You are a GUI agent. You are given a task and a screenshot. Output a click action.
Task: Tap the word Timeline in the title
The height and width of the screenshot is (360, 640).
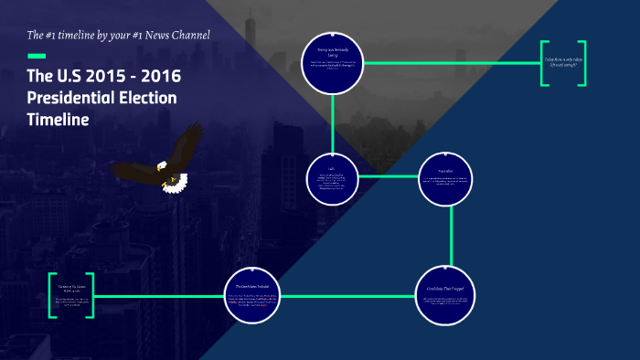click(59, 119)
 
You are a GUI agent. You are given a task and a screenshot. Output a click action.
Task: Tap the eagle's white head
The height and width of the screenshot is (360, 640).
click(162, 167)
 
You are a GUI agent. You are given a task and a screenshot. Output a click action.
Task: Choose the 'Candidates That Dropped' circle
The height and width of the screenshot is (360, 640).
click(447, 291)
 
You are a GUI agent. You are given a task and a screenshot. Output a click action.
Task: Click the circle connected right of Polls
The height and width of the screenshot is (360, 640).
click(446, 177)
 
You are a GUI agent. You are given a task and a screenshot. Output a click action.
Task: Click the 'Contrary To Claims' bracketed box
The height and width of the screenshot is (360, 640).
click(71, 295)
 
